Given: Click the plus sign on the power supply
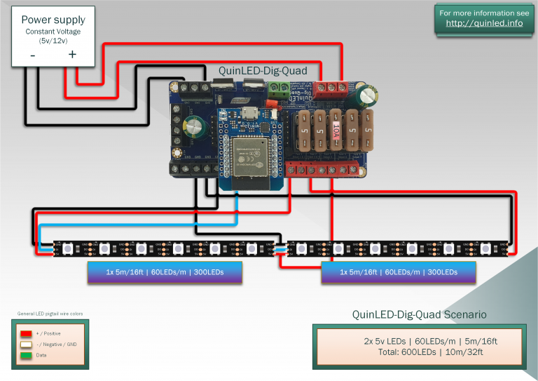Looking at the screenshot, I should click(71, 54).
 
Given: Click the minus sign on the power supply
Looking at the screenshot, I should click(32, 54).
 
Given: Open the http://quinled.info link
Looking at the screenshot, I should click(484, 23).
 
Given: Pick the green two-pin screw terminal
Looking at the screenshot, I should click(278, 88).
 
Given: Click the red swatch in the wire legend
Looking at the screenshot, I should click(27, 333).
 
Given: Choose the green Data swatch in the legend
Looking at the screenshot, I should click(27, 355).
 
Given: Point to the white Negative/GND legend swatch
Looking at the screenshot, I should click(27, 345).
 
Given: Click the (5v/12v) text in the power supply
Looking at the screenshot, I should click(53, 41).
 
